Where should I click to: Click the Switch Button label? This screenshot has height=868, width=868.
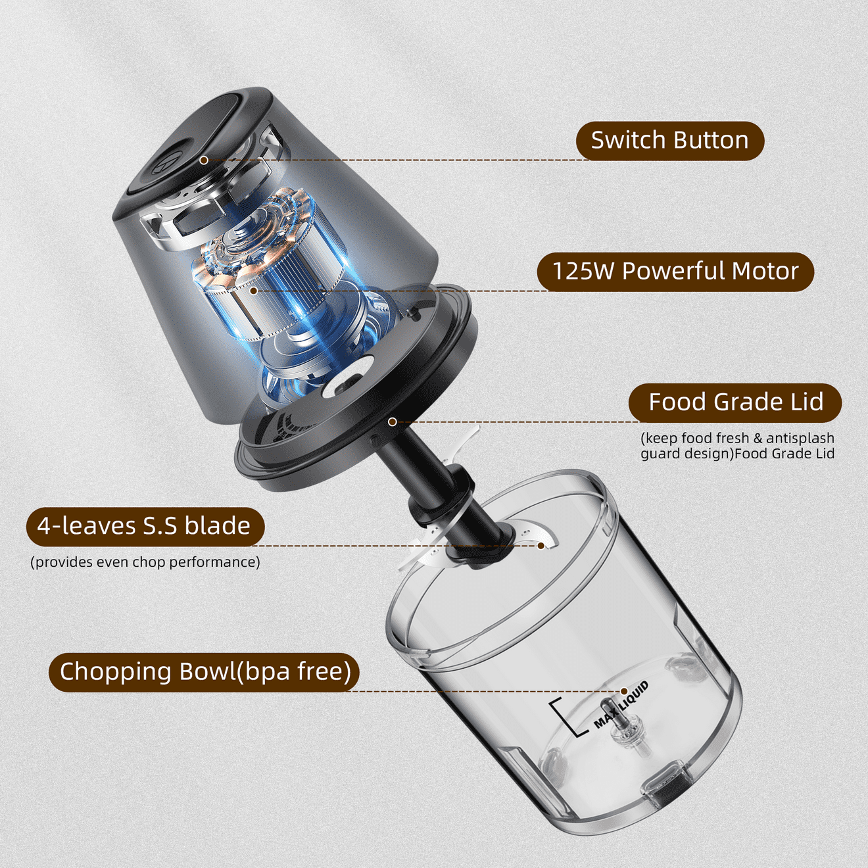click(x=670, y=141)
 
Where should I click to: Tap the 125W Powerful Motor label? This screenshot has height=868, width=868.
click(x=675, y=272)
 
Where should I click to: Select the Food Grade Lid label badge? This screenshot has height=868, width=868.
click(x=735, y=402)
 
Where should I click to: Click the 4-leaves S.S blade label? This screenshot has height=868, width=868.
click(x=145, y=527)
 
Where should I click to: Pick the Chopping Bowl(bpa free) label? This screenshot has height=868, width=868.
click(x=204, y=671)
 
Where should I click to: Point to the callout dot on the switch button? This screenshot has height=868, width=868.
click(x=204, y=160)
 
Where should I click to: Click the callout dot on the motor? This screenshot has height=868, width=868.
click(x=254, y=291)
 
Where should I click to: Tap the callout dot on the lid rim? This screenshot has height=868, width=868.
click(x=393, y=422)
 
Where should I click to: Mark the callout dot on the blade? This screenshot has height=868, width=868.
click(x=541, y=546)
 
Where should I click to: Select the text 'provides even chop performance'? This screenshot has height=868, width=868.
click(x=145, y=562)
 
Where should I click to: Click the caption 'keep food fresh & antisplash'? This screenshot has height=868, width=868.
click(x=738, y=438)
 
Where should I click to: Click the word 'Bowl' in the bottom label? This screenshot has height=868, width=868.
click(x=207, y=671)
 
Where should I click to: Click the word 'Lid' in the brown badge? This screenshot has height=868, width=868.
click(x=805, y=402)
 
